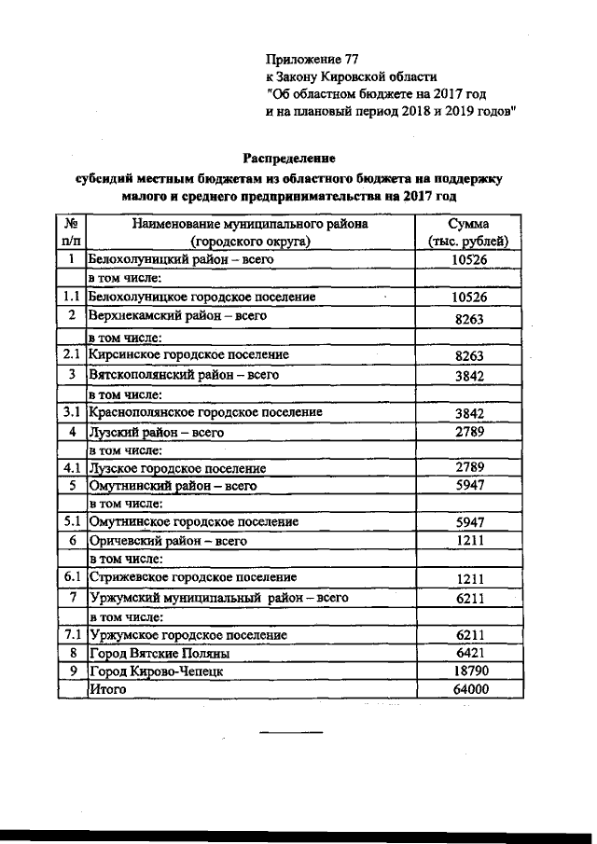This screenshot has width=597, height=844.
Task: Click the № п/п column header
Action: click(x=71, y=232)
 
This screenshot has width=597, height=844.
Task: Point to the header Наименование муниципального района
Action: click(x=249, y=224)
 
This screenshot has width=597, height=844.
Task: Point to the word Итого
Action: click(x=106, y=689)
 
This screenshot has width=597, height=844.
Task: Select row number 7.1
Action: click(x=71, y=635)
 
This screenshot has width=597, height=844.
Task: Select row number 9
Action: click(x=71, y=671)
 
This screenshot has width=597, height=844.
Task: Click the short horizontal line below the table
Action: click(x=290, y=731)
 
